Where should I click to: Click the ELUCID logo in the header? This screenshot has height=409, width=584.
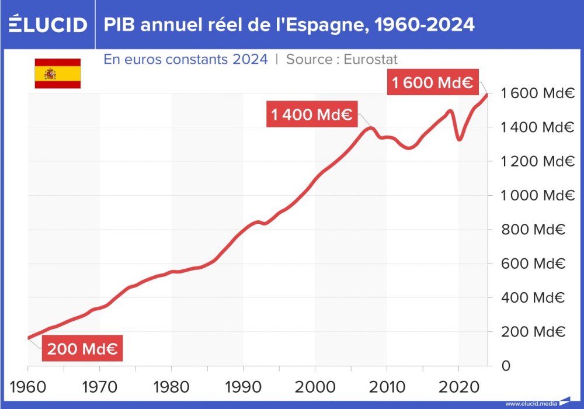48,25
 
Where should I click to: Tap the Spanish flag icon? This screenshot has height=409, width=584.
57,74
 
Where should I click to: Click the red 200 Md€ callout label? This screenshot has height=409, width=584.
82,349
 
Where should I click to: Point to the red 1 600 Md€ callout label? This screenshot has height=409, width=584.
432,83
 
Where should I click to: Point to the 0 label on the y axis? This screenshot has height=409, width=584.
506,366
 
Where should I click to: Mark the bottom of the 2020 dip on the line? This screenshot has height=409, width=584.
460,139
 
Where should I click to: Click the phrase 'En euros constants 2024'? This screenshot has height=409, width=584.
186,59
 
